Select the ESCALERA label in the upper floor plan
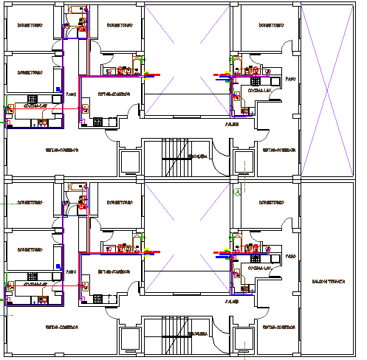point(197,156)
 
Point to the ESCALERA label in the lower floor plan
point(197,333)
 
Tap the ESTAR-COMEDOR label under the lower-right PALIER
point(277,326)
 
